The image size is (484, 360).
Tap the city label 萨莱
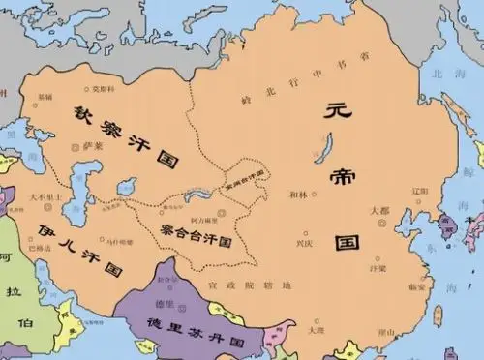pos(94,146)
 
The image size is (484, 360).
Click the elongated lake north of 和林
pos(320,151)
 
